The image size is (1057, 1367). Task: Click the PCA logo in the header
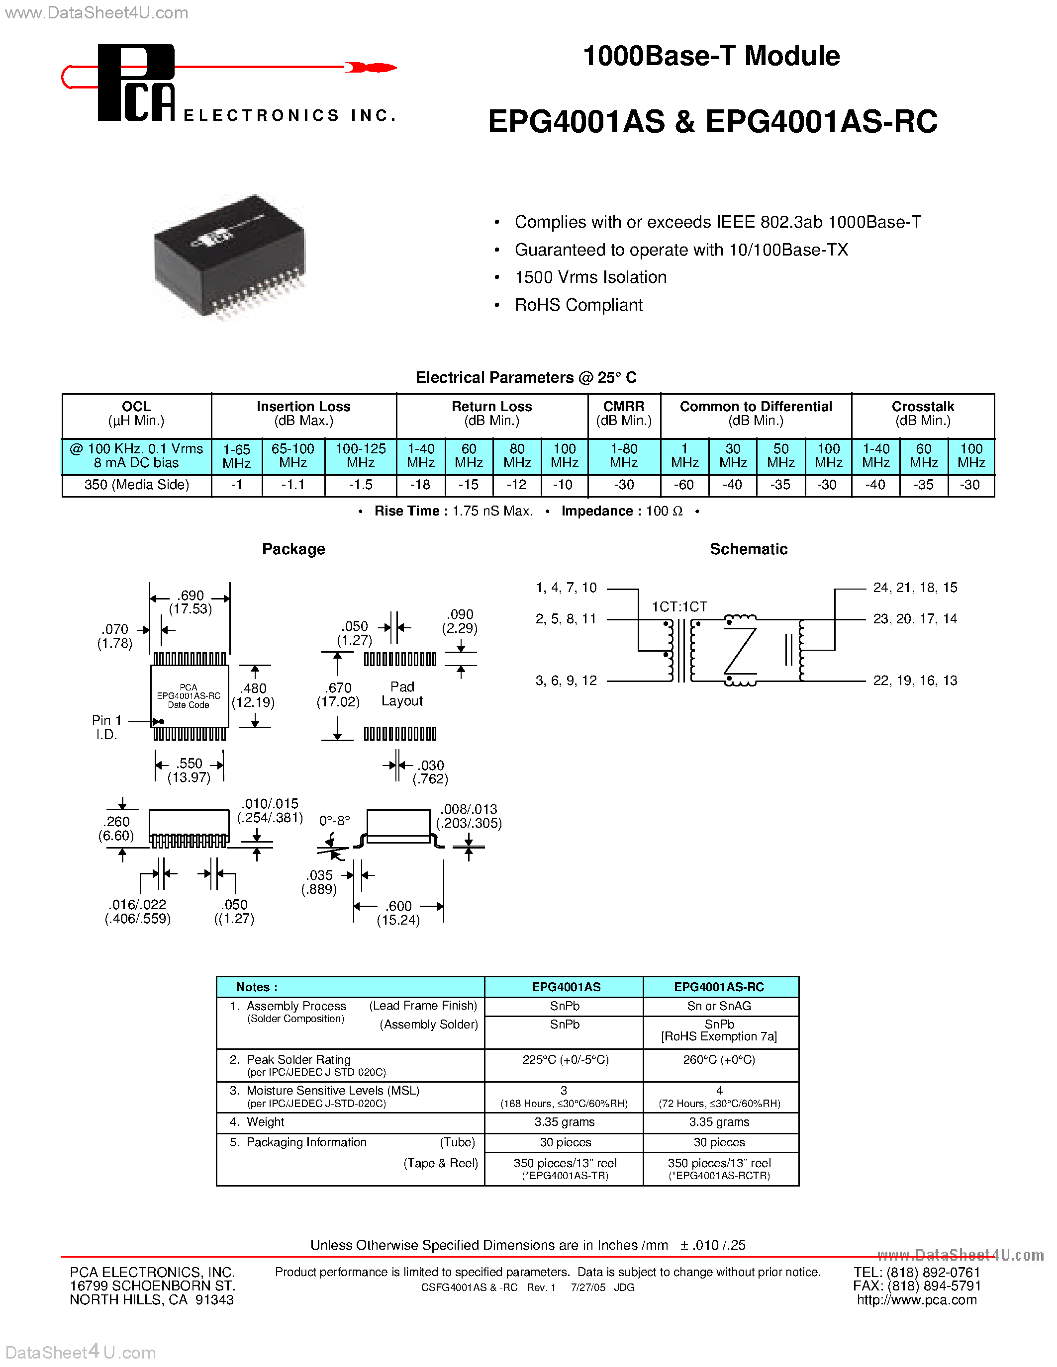[136, 83]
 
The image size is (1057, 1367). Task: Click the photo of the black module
[229, 256]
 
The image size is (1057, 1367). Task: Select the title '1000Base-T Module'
[711, 56]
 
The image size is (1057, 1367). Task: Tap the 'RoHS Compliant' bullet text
[578, 305]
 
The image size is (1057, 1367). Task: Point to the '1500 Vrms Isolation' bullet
[590, 277]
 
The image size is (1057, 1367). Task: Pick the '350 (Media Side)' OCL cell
[136, 485]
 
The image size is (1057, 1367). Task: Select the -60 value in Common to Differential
[684, 485]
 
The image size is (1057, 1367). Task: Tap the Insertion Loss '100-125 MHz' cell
[361, 456]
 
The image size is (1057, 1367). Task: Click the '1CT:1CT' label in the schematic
[679, 606]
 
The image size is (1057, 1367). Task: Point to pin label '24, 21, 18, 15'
[915, 588]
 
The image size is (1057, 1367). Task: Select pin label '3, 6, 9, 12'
[566, 681]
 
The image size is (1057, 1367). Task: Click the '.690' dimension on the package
[191, 595]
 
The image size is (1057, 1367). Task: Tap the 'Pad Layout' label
[402, 694]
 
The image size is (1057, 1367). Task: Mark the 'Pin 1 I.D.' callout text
[106, 727]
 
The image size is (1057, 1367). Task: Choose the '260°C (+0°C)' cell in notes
[719, 1060]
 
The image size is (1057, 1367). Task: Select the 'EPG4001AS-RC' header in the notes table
[719, 987]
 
